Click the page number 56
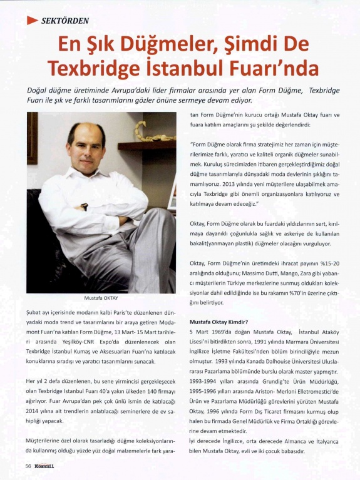click(29, 467)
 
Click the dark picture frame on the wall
click(33, 138)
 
